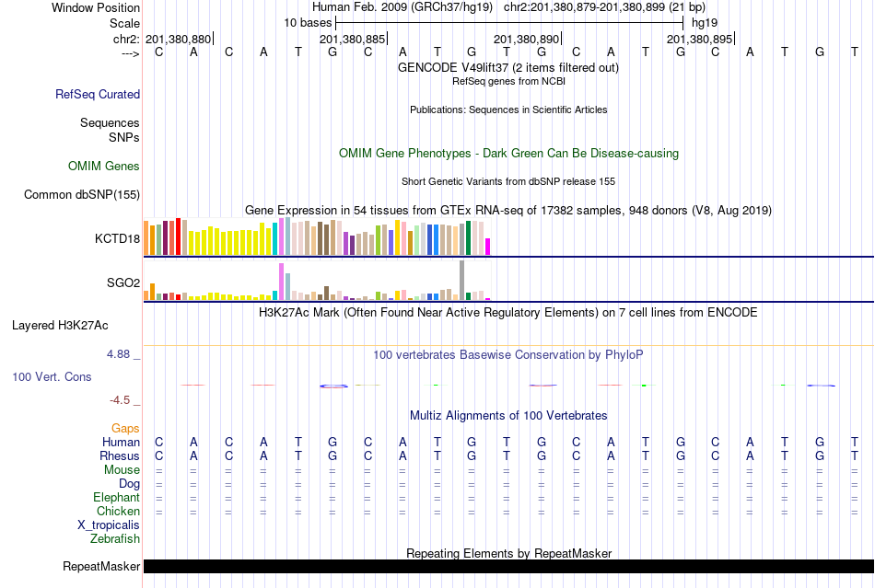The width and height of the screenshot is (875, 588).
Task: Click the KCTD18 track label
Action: [x=117, y=238]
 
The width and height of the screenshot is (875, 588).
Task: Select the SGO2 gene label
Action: [x=123, y=282]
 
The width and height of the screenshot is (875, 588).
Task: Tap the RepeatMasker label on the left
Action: [x=101, y=566]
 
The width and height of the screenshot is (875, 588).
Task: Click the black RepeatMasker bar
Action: [x=507, y=566]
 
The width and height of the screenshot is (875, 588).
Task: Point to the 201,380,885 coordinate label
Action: [x=352, y=40]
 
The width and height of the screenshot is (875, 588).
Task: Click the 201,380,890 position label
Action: [x=526, y=40]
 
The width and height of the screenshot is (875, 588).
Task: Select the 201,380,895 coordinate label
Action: [x=699, y=40]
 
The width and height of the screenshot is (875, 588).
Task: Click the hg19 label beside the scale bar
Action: [x=704, y=22]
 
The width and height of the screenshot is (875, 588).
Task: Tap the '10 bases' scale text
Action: [x=307, y=22]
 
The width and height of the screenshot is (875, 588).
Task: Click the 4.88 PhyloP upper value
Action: [x=122, y=353]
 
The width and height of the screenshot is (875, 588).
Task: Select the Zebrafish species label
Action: [x=115, y=538]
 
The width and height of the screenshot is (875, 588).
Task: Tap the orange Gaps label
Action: [x=125, y=428]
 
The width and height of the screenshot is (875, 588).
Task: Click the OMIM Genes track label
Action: [x=104, y=167]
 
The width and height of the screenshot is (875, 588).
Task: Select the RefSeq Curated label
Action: [x=98, y=94]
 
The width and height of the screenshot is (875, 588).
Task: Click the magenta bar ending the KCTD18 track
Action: [x=488, y=247]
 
